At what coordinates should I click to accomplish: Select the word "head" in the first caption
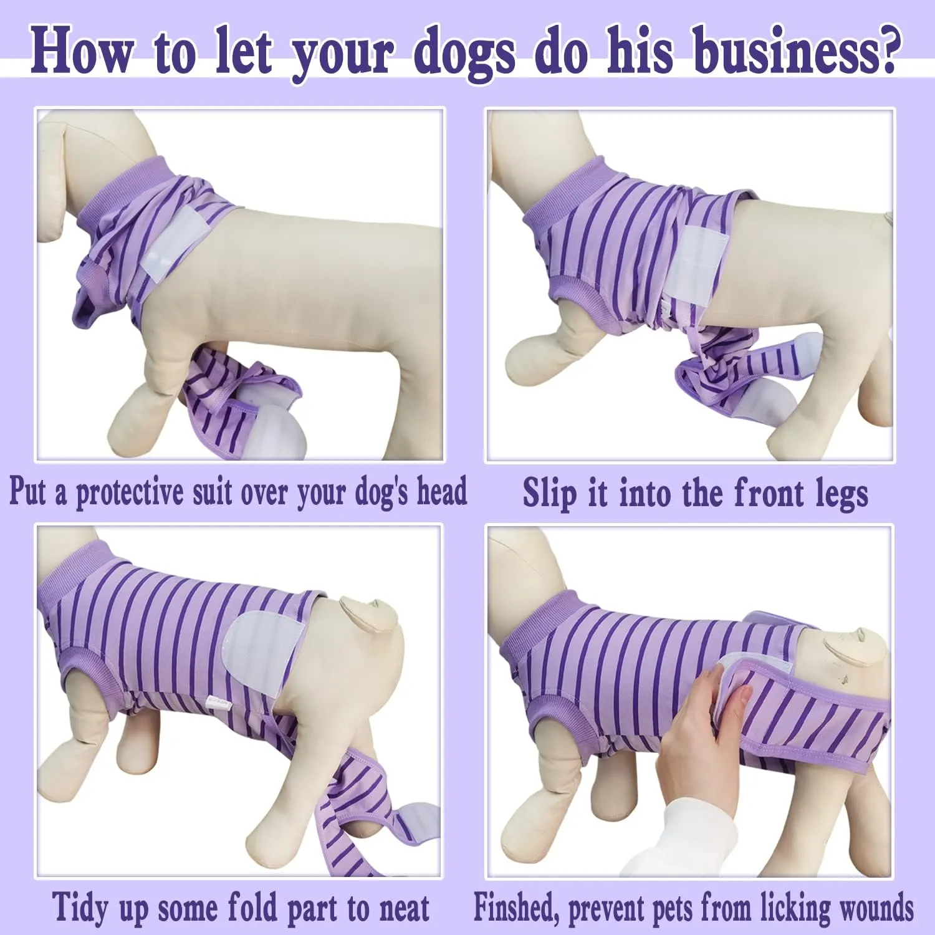(441, 491)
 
